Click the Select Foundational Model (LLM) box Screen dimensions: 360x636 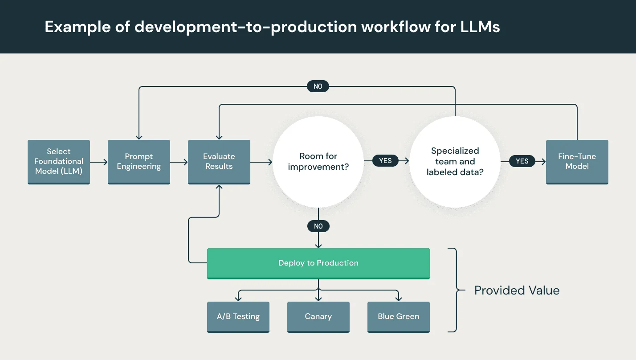pos(59,162)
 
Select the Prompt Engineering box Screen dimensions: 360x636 pos(139,162)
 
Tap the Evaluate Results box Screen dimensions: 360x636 pos(219,162)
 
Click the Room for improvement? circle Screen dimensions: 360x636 pos(318,162)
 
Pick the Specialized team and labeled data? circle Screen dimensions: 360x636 pos(455,162)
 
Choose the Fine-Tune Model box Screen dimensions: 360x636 pos(577,162)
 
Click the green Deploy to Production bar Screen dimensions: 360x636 pos(318,263)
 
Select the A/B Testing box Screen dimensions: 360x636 pos(238,317)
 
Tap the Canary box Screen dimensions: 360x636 pos(318,317)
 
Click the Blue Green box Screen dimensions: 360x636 pos(398,317)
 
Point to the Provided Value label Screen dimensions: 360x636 pos(517,290)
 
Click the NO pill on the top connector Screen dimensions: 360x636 pos(318,86)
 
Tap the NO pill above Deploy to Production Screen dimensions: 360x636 pos(318,226)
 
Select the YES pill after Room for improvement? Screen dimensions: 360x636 pos(385,161)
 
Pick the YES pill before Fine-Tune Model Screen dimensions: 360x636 pos(522,161)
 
